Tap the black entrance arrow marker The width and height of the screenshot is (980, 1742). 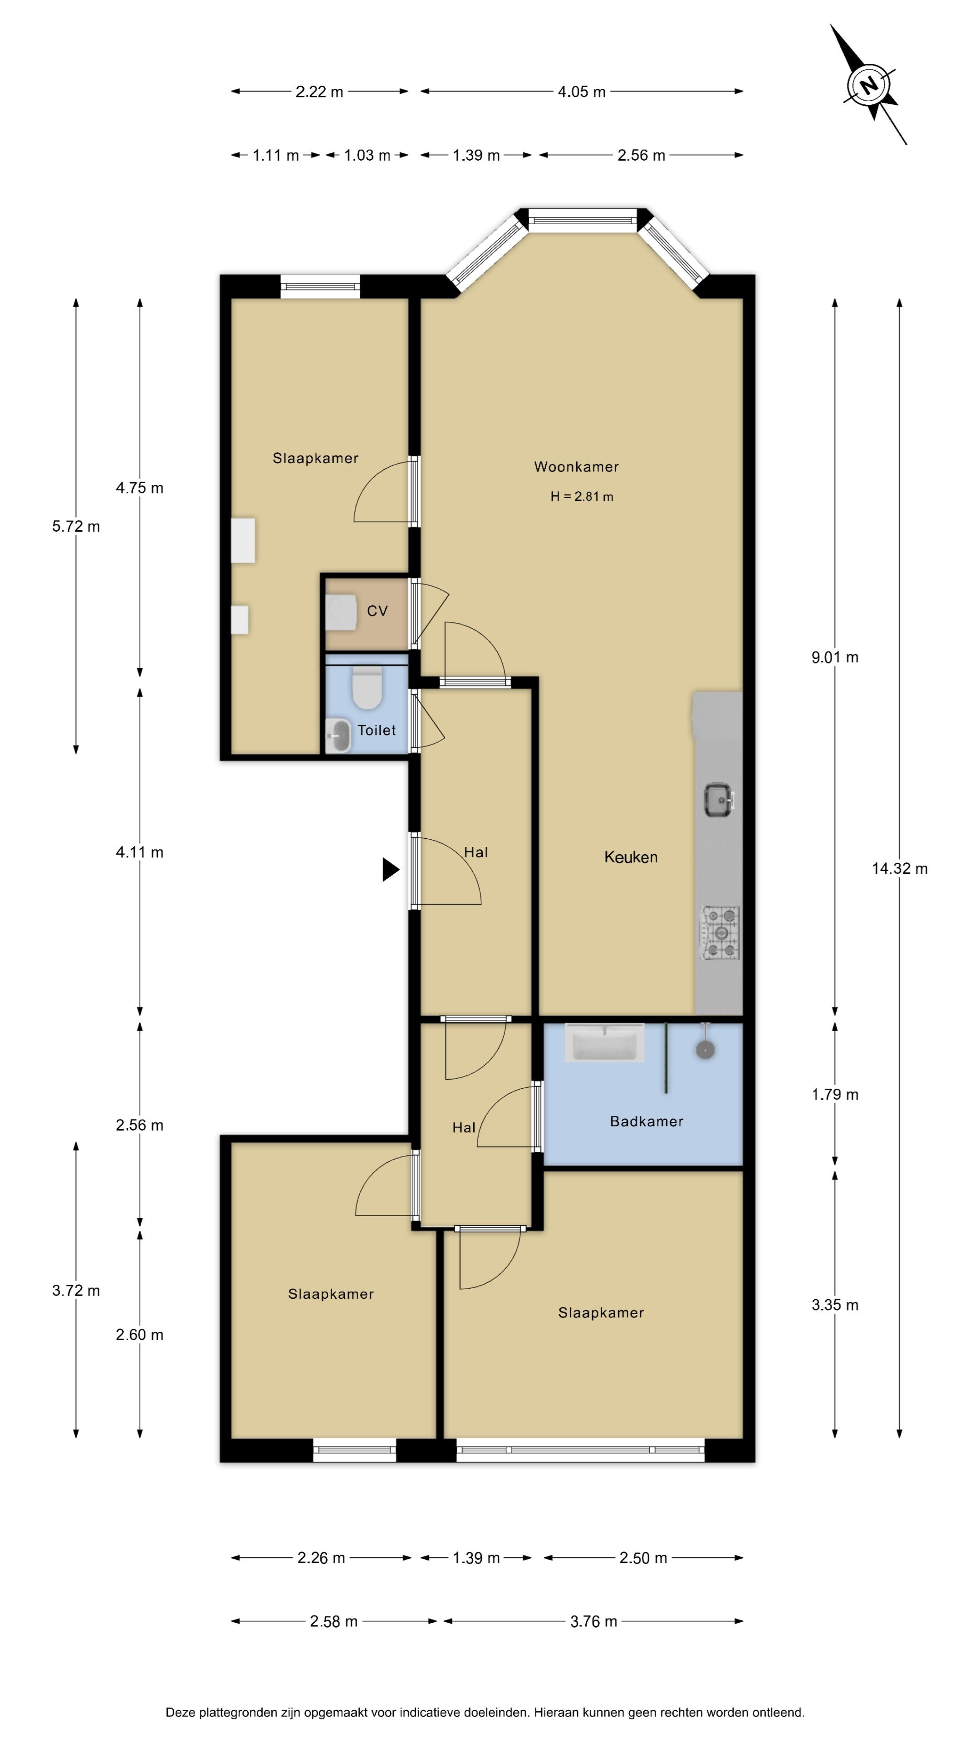(x=390, y=869)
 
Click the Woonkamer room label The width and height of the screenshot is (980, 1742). (x=576, y=467)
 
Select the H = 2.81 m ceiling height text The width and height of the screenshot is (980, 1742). (x=582, y=496)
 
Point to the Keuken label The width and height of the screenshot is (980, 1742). (x=630, y=857)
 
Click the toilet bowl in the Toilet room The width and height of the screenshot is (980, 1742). (x=367, y=688)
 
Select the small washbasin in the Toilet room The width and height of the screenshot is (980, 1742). (x=338, y=735)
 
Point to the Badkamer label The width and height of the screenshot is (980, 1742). (x=647, y=1121)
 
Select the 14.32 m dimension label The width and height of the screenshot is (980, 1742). (x=900, y=869)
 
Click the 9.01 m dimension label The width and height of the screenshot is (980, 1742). (x=835, y=657)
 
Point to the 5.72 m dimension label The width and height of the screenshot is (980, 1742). (x=76, y=526)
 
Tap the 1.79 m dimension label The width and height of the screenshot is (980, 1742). (x=835, y=1095)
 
